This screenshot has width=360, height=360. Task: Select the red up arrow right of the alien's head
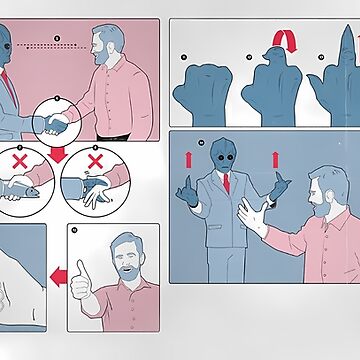tap(276, 159)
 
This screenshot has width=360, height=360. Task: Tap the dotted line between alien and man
tap(56, 45)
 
